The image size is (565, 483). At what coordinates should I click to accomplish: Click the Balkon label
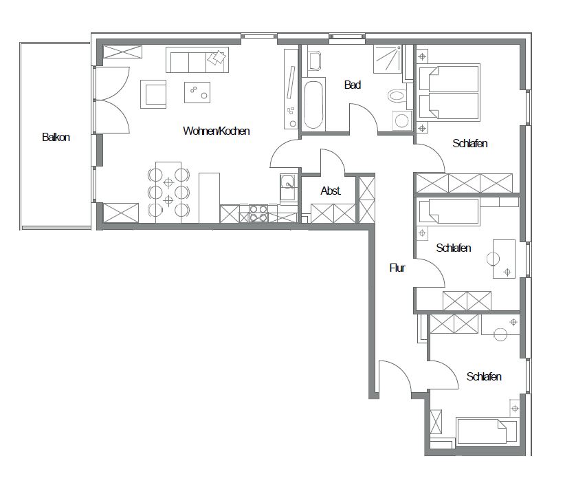[x=56, y=137]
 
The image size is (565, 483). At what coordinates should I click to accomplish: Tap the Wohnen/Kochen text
[x=217, y=131]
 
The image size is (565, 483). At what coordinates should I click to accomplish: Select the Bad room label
[x=353, y=85]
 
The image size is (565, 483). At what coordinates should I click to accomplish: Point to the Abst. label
[x=331, y=191]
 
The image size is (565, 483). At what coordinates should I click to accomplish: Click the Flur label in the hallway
[x=397, y=268]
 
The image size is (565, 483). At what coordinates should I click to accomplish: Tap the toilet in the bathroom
[x=397, y=96]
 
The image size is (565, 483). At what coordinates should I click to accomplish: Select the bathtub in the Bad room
[x=313, y=105]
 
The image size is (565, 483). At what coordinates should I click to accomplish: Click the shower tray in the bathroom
[x=388, y=58]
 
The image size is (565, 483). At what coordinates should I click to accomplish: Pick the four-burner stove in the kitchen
[x=258, y=213]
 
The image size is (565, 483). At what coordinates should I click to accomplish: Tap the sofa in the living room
[x=197, y=60]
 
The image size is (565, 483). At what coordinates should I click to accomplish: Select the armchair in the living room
[x=153, y=94]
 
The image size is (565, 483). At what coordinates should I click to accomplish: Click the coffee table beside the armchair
[x=197, y=92]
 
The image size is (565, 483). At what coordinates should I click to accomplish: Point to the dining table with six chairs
[x=168, y=192]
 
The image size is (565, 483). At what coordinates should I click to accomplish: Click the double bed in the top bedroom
[x=450, y=92]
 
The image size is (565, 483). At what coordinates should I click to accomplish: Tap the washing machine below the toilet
[x=401, y=120]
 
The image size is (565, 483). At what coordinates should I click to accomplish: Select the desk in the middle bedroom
[x=504, y=259]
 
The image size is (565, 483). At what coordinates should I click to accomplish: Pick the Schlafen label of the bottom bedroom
[x=484, y=376]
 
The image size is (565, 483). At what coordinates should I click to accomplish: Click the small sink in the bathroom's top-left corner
[x=315, y=61]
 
